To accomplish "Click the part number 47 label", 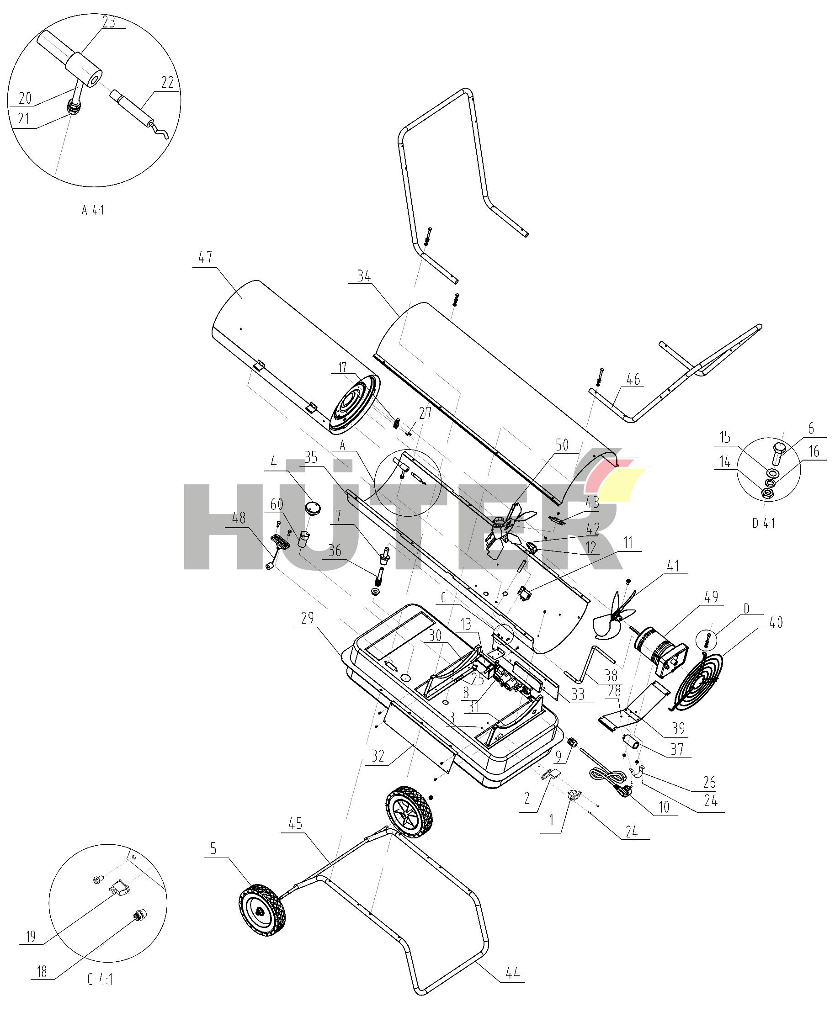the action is pyautogui.click(x=205, y=257).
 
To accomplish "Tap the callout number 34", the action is pyautogui.click(x=364, y=276).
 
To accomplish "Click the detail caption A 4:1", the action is pyautogui.click(x=93, y=210).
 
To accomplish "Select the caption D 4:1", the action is pyautogui.click(x=764, y=523).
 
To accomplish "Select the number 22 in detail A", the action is pyautogui.click(x=167, y=82).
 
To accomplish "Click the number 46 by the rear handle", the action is pyautogui.click(x=633, y=379).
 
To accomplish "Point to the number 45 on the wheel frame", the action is pyautogui.click(x=295, y=824).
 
